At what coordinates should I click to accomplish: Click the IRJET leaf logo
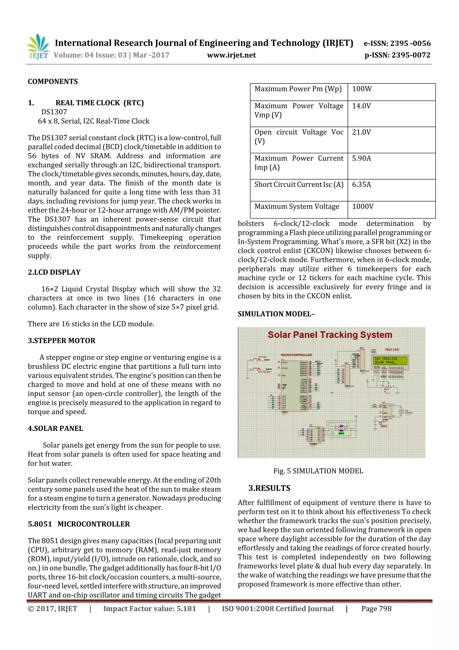tap(38, 46)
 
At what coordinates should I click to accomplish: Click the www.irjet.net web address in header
tap(231, 55)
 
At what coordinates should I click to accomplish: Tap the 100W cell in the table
tap(362, 89)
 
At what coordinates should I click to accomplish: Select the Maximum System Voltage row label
tap(297, 207)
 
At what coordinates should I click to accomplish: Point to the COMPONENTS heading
tap(53, 81)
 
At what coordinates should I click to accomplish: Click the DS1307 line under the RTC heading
tap(54, 112)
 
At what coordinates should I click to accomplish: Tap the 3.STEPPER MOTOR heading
tap(61, 341)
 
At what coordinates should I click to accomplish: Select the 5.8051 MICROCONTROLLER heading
tap(79, 524)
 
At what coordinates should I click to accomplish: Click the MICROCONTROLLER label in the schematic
tap(296, 355)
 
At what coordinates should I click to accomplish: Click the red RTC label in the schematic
tap(384, 426)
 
